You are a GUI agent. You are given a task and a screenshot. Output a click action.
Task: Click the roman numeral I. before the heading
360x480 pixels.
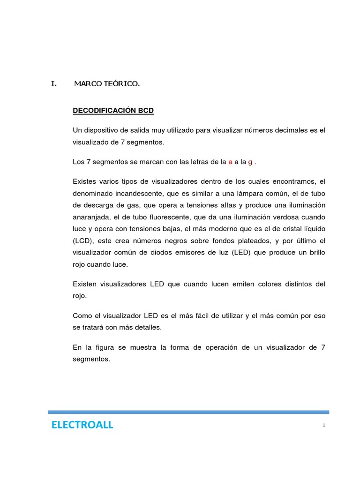click(x=54, y=84)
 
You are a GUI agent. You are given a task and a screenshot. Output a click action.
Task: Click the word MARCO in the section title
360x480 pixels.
click(x=86, y=84)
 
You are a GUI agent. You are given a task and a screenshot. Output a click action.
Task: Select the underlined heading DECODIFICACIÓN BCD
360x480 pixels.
click(x=113, y=111)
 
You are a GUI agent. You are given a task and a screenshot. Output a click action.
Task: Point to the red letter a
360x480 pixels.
click(x=230, y=162)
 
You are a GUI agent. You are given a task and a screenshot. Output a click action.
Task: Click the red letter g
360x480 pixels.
click(x=250, y=162)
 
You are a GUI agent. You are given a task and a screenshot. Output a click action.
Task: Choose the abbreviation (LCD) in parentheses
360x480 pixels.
click(x=83, y=241)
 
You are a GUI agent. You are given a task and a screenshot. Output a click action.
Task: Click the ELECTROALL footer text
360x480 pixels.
click(x=82, y=425)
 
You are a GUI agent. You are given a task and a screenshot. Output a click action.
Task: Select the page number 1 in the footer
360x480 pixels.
click(x=323, y=425)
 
